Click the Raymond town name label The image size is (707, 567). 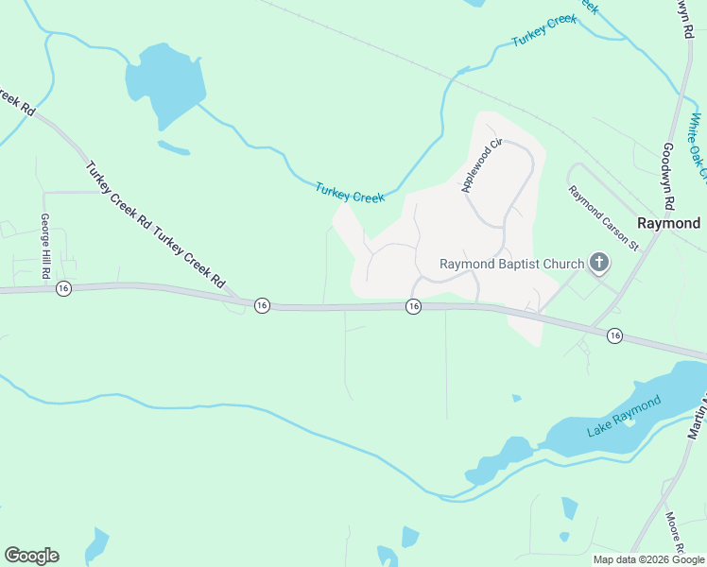pos(668,224)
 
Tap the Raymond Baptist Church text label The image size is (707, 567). pos(510,264)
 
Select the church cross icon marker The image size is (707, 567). pos(598,263)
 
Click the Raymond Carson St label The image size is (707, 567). pos(604,217)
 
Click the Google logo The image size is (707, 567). pos(31,556)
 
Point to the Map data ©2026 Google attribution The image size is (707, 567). pos(648,559)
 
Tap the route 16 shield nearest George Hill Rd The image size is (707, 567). pos(62,288)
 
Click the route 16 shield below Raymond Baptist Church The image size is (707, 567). pos(413,306)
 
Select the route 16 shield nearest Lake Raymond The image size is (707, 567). pos(615,335)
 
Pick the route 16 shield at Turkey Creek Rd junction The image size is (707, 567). pos(262,304)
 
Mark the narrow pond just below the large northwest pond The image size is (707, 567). pos(173,147)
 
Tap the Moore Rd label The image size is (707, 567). pos(674,534)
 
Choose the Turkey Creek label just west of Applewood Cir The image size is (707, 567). pos(350,193)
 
